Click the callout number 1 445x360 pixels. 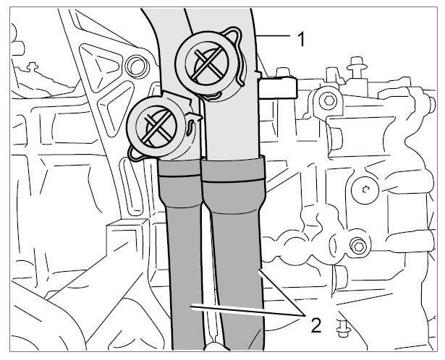[x=301, y=39]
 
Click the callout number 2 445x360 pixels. [x=316, y=325]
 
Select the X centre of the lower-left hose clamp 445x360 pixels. [x=156, y=127]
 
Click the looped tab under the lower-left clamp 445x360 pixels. [x=134, y=153]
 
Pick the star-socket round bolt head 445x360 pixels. [x=365, y=190]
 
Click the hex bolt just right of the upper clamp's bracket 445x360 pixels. [x=329, y=100]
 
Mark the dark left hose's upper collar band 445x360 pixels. [x=179, y=168]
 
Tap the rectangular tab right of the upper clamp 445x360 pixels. [x=278, y=88]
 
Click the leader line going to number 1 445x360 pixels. [x=273, y=35]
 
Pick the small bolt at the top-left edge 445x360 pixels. [x=32, y=67]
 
